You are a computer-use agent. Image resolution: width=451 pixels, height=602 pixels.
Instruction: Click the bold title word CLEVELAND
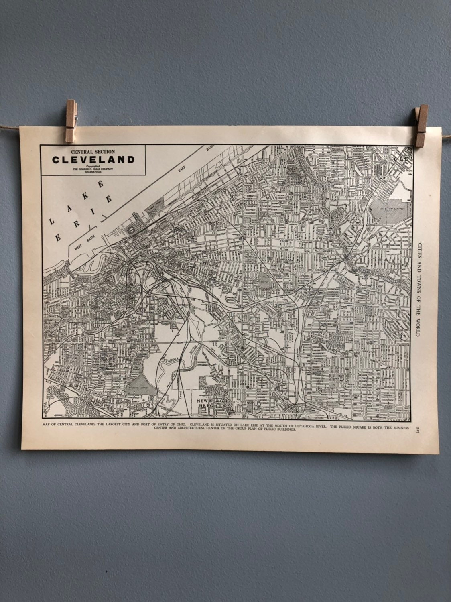93,159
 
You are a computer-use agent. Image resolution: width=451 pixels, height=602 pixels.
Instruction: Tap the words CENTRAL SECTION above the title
93,151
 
